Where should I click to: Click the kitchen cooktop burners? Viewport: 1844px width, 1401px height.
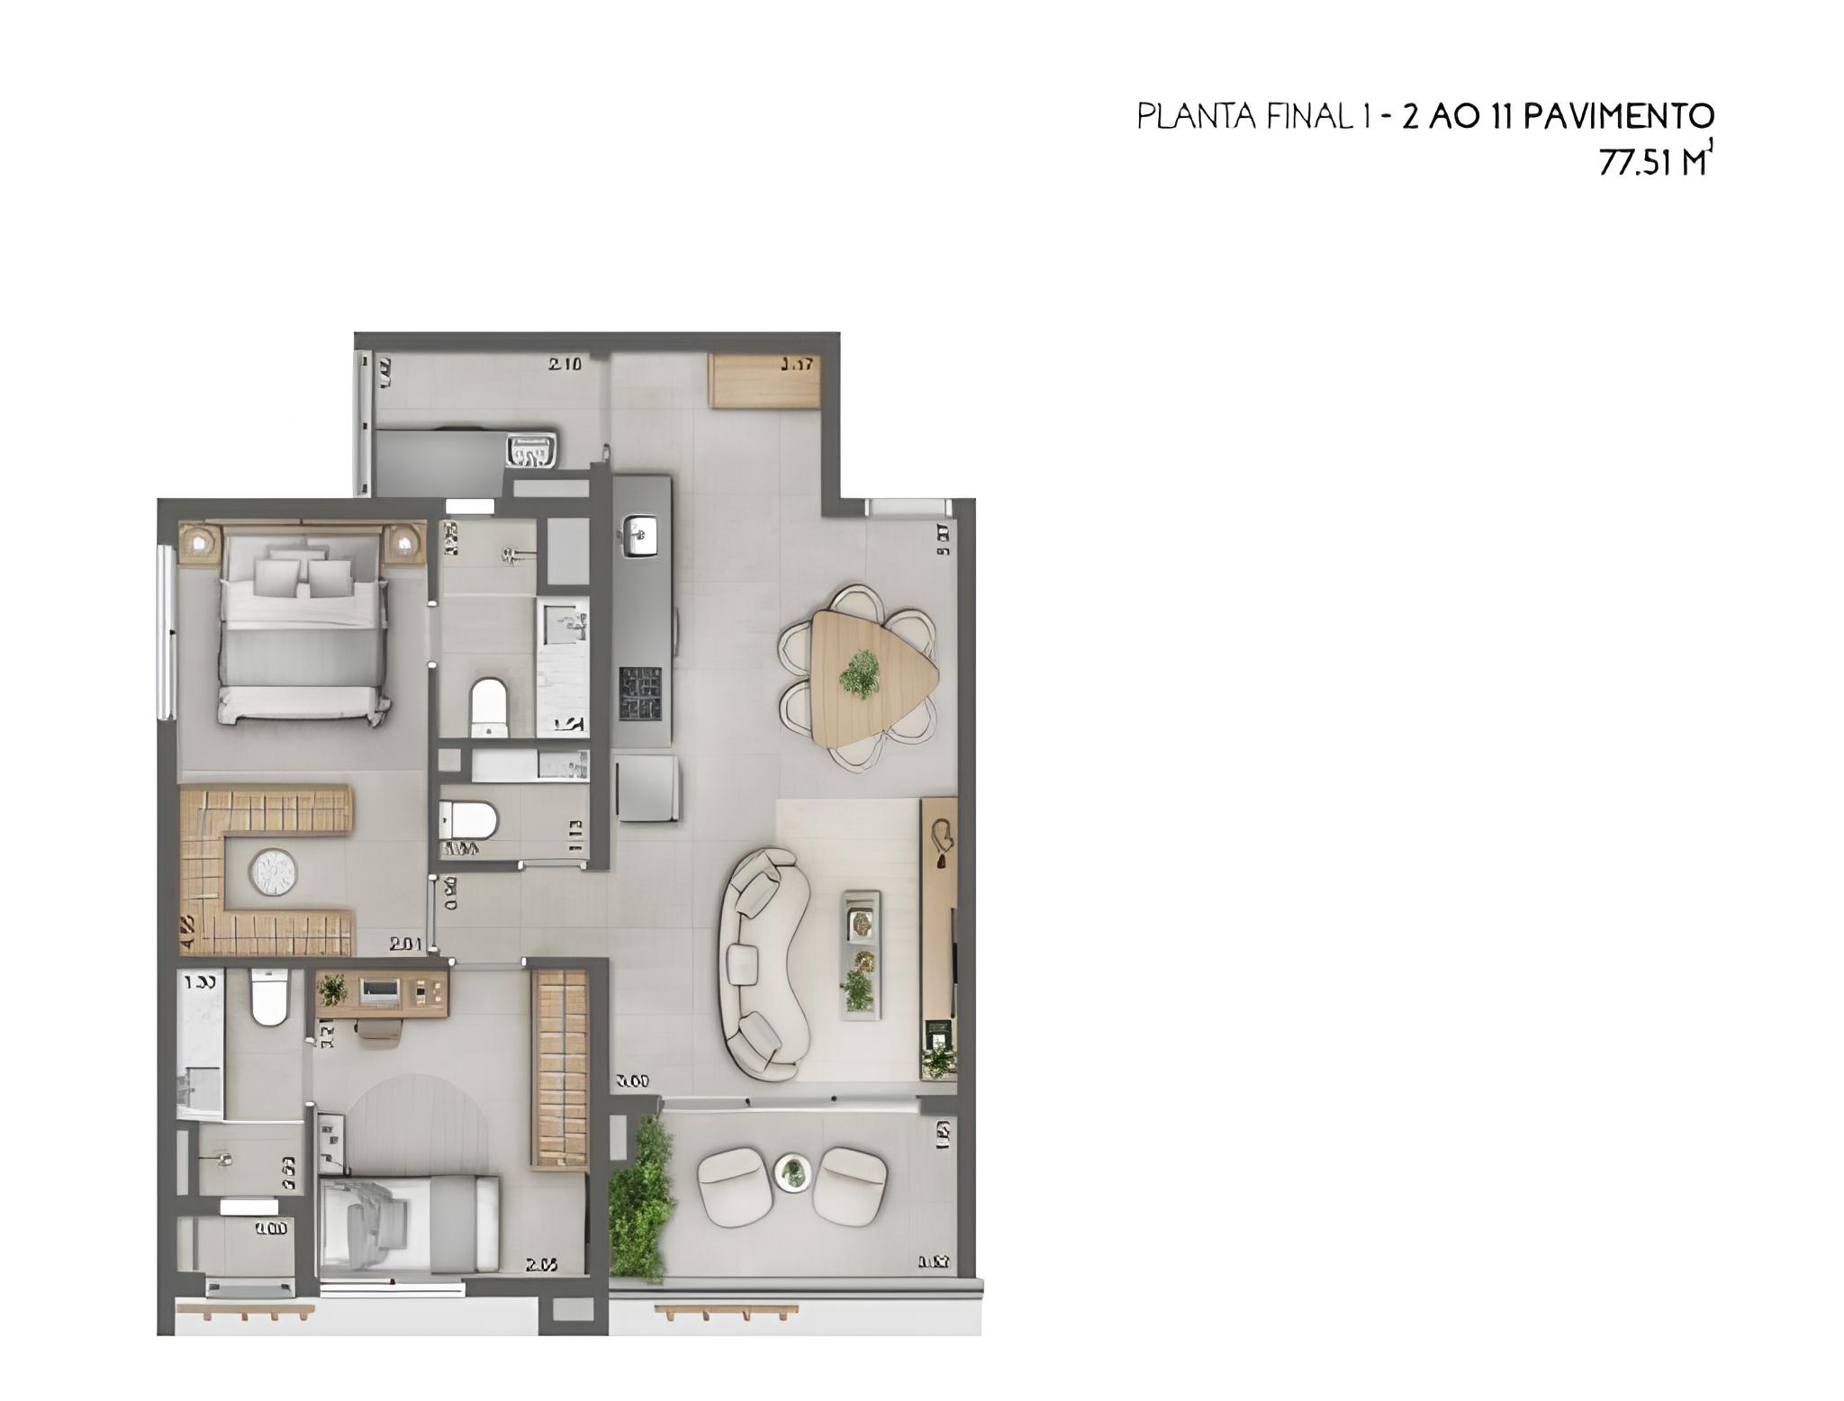tap(639, 694)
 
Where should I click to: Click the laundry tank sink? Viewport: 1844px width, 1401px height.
tap(533, 448)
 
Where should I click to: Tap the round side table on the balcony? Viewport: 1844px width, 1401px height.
tap(792, 1173)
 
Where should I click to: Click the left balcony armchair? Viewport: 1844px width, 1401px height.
tap(736, 1186)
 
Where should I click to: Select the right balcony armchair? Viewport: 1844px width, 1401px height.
tap(849, 1185)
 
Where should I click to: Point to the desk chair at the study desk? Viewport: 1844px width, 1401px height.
tap(381, 1030)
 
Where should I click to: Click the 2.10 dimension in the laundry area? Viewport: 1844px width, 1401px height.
tap(565, 365)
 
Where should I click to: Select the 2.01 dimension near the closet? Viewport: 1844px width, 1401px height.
tap(406, 944)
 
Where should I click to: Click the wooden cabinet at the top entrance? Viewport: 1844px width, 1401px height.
tap(763, 381)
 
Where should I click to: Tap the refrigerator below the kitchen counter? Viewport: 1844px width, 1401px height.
tap(646, 788)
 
